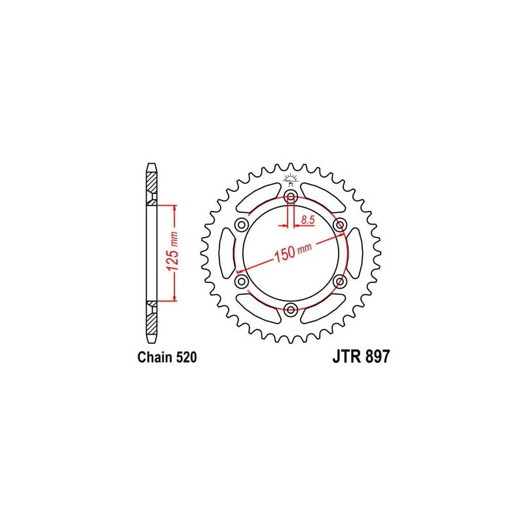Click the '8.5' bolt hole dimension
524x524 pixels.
(307, 220)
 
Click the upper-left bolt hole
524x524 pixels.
(242, 225)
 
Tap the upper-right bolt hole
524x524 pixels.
(340, 225)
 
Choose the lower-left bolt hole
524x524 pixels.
(242, 281)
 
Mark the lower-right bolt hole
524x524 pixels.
(340, 281)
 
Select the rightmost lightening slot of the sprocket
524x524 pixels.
(354, 253)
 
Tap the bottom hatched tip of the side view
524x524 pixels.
(151, 325)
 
